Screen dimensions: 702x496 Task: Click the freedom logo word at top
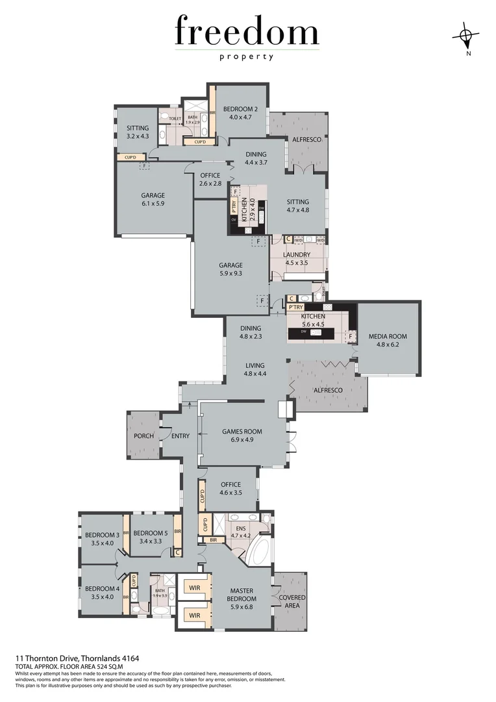pyautogui.click(x=247, y=32)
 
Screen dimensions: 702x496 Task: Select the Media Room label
pyautogui.click(x=388, y=336)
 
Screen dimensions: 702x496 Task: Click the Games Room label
pyautogui.click(x=242, y=431)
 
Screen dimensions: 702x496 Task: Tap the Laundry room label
pyautogui.click(x=297, y=255)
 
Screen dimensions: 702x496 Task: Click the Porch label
pyautogui.click(x=143, y=435)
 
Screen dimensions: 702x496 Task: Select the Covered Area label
pyautogui.click(x=292, y=597)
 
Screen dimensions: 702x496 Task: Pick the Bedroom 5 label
pyautogui.click(x=151, y=532)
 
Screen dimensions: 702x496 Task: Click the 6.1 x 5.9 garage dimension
pyautogui.click(x=153, y=203)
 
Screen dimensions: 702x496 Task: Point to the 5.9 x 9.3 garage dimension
pyautogui.click(x=230, y=274)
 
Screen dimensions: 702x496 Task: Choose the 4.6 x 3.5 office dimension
pyautogui.click(x=230, y=493)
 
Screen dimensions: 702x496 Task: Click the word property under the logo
pyautogui.click(x=247, y=57)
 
